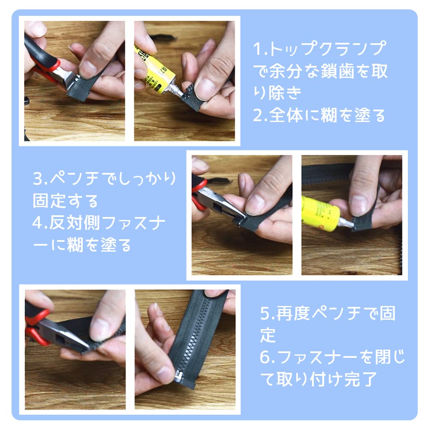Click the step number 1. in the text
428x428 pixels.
(x=260, y=49)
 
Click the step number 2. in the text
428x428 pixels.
(x=260, y=115)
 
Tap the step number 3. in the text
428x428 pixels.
(x=40, y=178)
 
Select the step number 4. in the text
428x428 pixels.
(x=40, y=223)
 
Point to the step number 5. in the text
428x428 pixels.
(x=268, y=313)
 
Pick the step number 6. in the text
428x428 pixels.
(x=268, y=357)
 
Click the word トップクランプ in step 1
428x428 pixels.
(x=327, y=49)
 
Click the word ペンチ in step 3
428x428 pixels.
(x=74, y=178)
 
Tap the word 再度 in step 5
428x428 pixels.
(x=293, y=313)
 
